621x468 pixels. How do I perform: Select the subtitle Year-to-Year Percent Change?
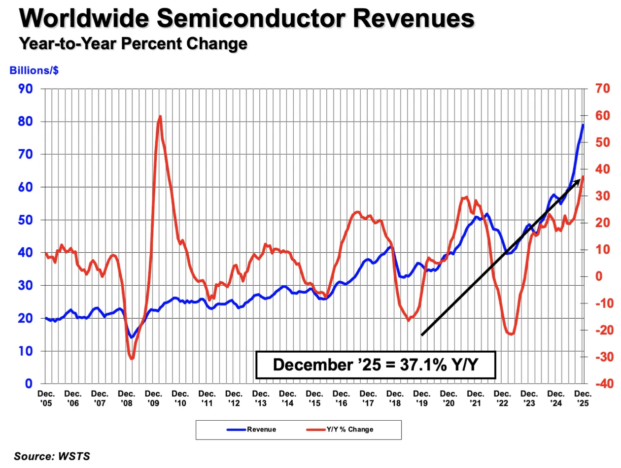pos(133,43)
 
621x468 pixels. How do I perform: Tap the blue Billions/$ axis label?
pos(34,70)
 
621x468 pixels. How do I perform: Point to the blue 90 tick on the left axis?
pos(26,89)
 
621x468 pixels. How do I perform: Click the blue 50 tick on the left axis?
pos(26,220)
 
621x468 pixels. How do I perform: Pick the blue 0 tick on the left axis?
pos(29,384)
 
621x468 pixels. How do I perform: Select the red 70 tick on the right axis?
pos(603,89)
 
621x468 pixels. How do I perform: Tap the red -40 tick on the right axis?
pos(604,384)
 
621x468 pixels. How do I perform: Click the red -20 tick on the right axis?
pos(604,330)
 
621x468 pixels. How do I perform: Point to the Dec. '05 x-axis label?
pos(46,399)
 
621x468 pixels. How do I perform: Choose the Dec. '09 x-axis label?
pos(153,399)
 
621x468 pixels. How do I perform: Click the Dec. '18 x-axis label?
pos(395,399)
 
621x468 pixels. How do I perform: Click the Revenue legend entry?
pos(251,430)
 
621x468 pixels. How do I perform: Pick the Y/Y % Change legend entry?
pos(340,430)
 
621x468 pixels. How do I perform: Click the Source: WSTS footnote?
pos(52,456)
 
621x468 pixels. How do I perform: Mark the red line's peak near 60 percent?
pos(160,116)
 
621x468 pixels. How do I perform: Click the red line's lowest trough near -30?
pos(132,359)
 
